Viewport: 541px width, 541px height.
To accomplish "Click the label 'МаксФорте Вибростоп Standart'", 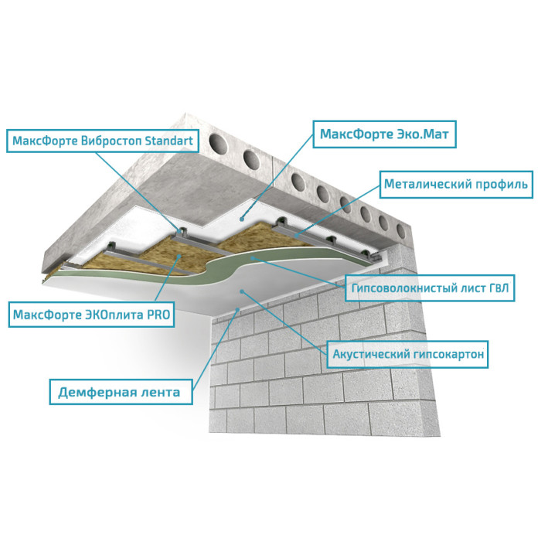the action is coord(103,141).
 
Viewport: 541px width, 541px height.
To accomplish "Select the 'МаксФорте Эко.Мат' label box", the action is coord(384,134).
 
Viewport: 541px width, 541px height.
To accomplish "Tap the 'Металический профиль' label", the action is coord(456,184).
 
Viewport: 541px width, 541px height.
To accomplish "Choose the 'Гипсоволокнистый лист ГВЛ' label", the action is coord(430,288).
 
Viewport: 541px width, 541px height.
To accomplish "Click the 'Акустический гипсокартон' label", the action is coord(407,354).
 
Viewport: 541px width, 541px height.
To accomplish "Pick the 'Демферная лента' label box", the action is coord(121,392).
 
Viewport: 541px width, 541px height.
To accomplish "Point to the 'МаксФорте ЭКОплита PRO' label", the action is coord(91,315).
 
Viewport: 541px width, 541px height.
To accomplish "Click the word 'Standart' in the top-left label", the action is coord(168,141).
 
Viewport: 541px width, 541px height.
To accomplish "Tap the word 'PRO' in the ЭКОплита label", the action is coord(158,315).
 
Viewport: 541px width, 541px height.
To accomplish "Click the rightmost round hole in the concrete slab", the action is coord(400,231).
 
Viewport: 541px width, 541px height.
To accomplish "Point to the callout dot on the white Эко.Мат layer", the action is coord(242,219).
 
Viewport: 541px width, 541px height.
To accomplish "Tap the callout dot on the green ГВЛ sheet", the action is coord(253,257).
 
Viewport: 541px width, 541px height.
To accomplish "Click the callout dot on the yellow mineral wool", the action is coord(179,256).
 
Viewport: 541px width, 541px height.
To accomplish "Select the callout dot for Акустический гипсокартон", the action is coord(242,292).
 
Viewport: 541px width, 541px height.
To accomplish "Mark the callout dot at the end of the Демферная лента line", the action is coord(237,310).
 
